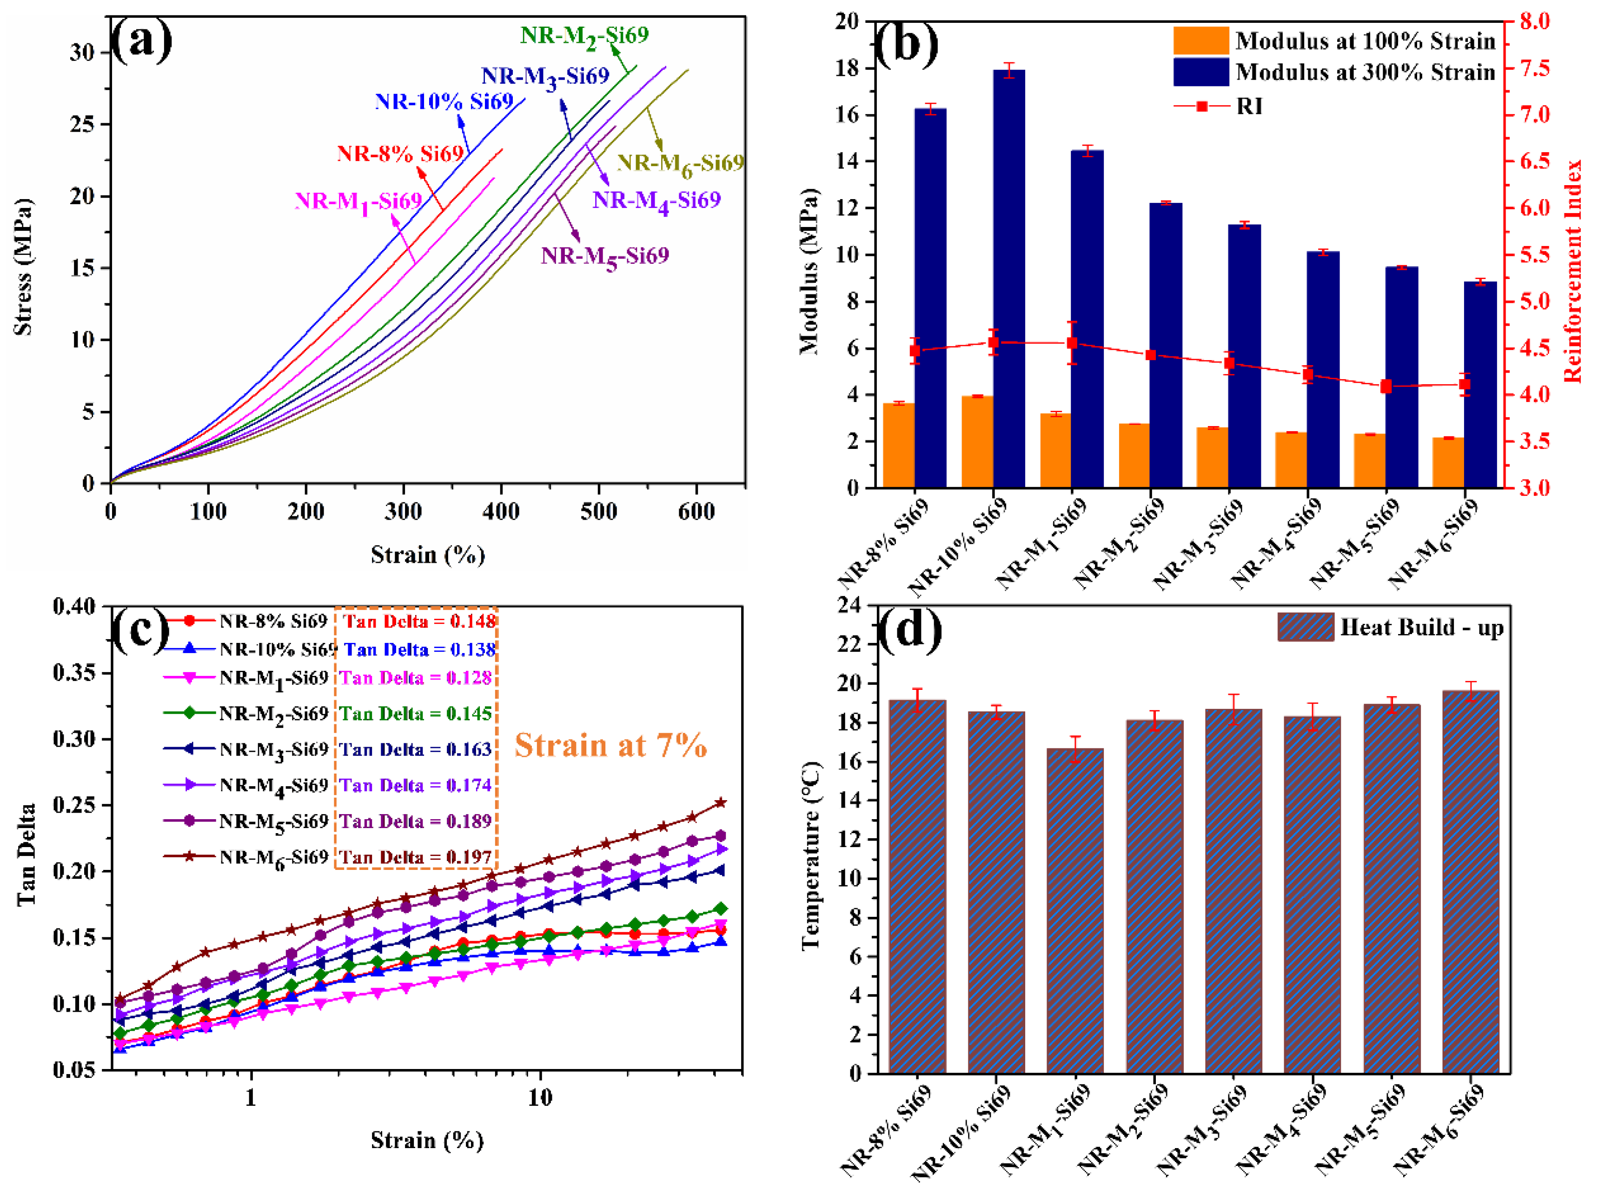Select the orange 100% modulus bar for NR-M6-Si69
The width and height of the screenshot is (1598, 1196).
click(x=1448, y=462)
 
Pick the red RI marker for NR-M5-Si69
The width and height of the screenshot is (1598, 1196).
click(x=1386, y=387)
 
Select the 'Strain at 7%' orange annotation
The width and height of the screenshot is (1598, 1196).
click(x=610, y=745)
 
